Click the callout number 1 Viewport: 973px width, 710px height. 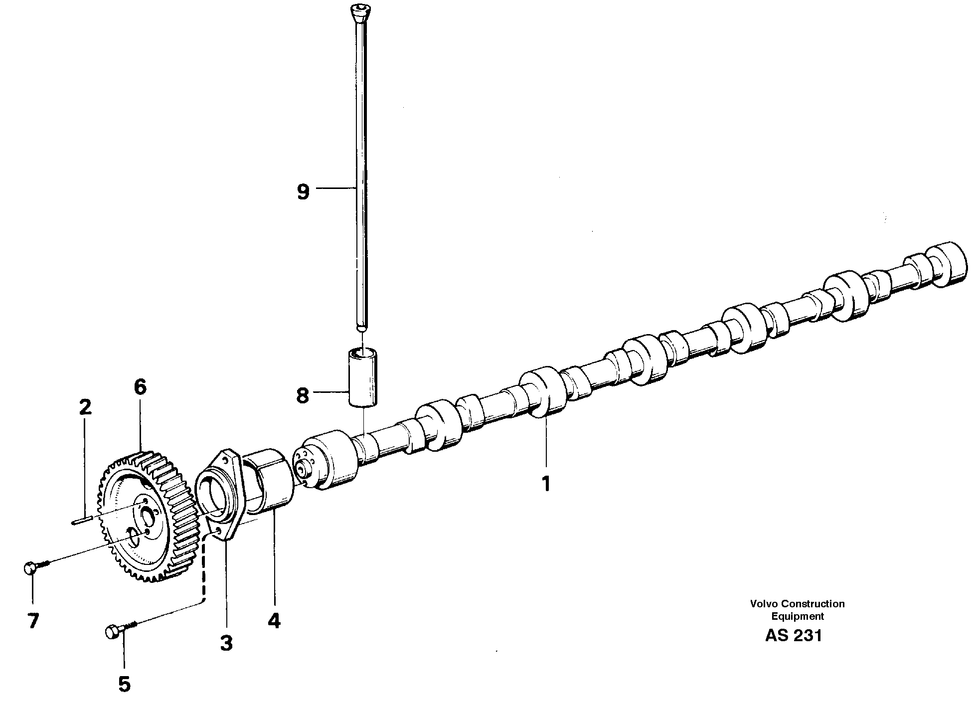(x=546, y=483)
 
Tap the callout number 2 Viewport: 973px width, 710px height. (x=85, y=407)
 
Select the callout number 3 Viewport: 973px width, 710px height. (x=226, y=643)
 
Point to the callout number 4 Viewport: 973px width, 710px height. (x=274, y=620)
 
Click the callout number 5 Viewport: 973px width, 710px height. (x=124, y=684)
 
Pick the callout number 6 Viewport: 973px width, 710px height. (x=140, y=386)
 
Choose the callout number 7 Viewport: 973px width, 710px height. (x=33, y=621)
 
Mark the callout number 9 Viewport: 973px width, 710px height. (x=303, y=191)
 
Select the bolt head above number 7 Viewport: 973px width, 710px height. (x=31, y=567)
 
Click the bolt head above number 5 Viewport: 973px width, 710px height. (x=113, y=632)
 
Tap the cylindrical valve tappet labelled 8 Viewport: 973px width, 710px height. (x=362, y=378)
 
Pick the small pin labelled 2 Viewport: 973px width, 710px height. (x=81, y=522)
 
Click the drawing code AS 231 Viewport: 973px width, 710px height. (x=793, y=636)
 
